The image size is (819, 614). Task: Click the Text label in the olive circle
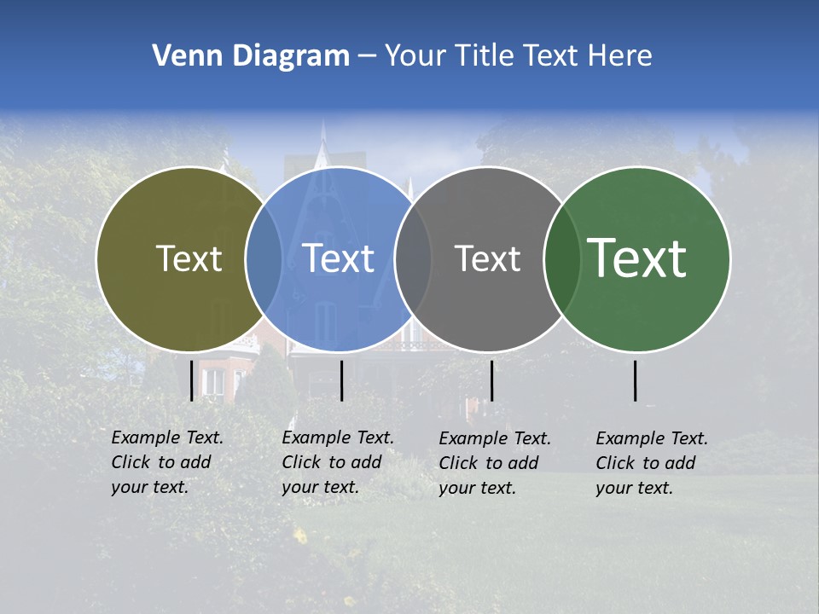click(189, 259)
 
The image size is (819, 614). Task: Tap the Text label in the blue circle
click(339, 259)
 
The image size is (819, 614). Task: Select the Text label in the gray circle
click(487, 259)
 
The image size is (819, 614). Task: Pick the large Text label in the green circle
click(637, 258)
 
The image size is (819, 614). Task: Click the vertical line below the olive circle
click(192, 380)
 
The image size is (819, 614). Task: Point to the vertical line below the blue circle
click(342, 380)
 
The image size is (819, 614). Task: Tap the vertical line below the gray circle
click(492, 380)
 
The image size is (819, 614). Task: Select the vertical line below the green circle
click(636, 380)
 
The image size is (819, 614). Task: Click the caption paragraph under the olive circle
click(167, 462)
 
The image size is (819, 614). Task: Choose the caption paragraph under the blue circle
click(338, 462)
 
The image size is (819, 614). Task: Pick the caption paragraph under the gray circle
click(495, 463)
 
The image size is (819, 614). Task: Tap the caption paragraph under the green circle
click(652, 463)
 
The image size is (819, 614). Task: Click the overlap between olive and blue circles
click(264, 259)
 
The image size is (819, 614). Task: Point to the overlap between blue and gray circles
click(413, 259)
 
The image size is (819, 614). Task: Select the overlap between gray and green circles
click(561, 259)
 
